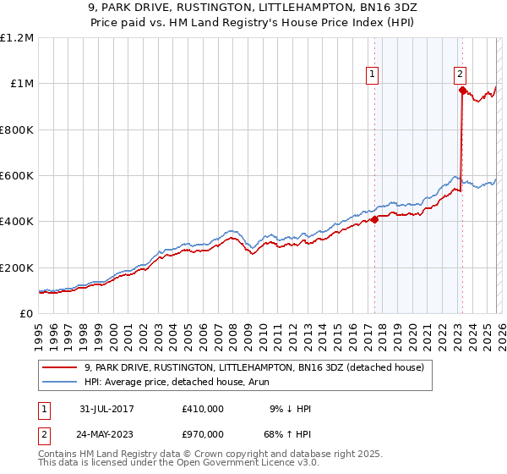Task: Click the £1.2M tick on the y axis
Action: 17,38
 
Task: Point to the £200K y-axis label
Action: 17,267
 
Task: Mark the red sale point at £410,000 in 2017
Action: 374,219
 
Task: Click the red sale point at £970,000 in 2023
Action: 462,90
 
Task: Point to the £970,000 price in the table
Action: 203,433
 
